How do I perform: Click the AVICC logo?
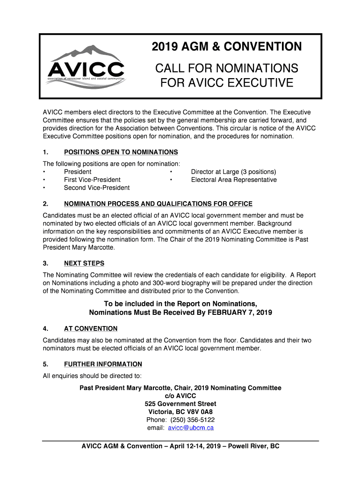tap(86, 66)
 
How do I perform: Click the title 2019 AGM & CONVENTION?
tap(227, 47)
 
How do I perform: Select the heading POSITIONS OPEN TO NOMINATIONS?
tap(121, 152)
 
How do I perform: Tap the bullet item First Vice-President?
tap(92, 180)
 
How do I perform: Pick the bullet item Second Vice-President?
tap(97, 188)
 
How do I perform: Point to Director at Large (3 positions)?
tap(233, 172)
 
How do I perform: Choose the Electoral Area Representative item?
tap(234, 180)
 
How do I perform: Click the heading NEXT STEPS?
tap(84, 263)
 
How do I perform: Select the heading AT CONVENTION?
tap(91, 329)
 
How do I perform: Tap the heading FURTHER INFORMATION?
tap(103, 364)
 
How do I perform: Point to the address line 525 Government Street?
tap(180, 404)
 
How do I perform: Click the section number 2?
tap(45, 204)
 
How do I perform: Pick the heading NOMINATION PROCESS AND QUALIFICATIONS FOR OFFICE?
tap(158, 204)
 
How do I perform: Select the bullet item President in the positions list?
tap(78, 172)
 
